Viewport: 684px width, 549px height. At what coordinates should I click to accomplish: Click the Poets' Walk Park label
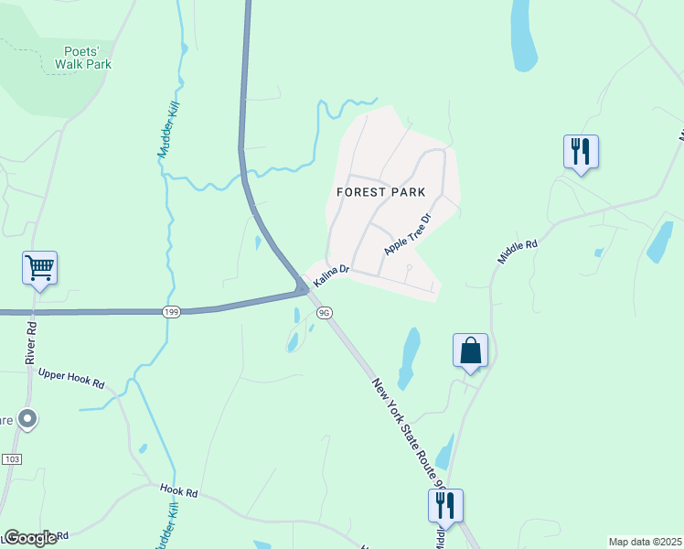(x=82, y=57)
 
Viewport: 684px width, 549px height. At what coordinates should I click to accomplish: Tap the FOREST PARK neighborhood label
(x=380, y=192)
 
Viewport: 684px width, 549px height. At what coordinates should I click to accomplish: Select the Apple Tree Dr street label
(x=407, y=235)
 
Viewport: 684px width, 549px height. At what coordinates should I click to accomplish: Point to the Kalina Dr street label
(x=331, y=273)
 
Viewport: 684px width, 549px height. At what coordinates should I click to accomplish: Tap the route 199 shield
(x=170, y=312)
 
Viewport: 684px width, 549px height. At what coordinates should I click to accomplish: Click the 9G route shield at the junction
(x=323, y=312)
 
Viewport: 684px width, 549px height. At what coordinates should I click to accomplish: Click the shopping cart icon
(x=39, y=268)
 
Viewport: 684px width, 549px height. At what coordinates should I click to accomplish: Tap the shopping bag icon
(x=470, y=350)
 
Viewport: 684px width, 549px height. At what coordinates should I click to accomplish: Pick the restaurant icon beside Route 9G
(x=445, y=505)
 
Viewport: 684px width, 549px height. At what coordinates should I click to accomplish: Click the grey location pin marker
(x=27, y=419)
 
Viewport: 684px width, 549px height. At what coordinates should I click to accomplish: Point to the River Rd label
(x=32, y=339)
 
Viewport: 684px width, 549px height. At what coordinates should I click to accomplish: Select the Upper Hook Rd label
(x=71, y=379)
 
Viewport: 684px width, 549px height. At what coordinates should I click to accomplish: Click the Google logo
(x=30, y=538)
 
